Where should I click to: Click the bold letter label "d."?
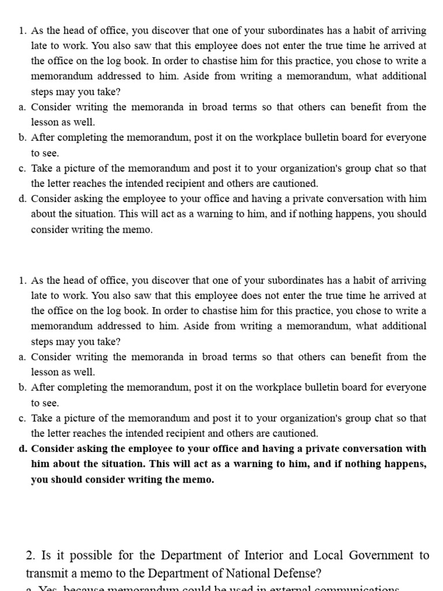22,448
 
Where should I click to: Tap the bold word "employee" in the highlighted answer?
138,448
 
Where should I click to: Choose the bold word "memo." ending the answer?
200,480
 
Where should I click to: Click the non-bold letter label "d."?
22,199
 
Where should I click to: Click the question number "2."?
31,556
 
